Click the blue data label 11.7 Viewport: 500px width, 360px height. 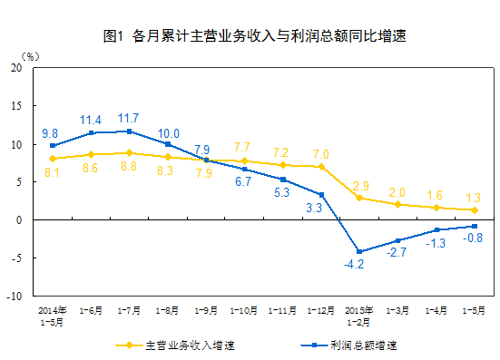(129, 118)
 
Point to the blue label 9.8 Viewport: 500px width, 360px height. (52, 131)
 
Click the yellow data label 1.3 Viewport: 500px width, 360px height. (474, 197)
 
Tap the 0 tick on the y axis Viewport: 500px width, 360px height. (21, 219)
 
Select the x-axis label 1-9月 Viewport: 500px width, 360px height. (206, 309)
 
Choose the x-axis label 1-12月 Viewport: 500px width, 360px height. (321, 309)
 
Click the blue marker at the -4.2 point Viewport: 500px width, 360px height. (359, 251)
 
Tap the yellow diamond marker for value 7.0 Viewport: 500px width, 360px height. (321, 166)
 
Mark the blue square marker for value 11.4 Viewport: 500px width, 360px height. (91, 133)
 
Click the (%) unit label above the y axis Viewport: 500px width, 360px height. (30, 56)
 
